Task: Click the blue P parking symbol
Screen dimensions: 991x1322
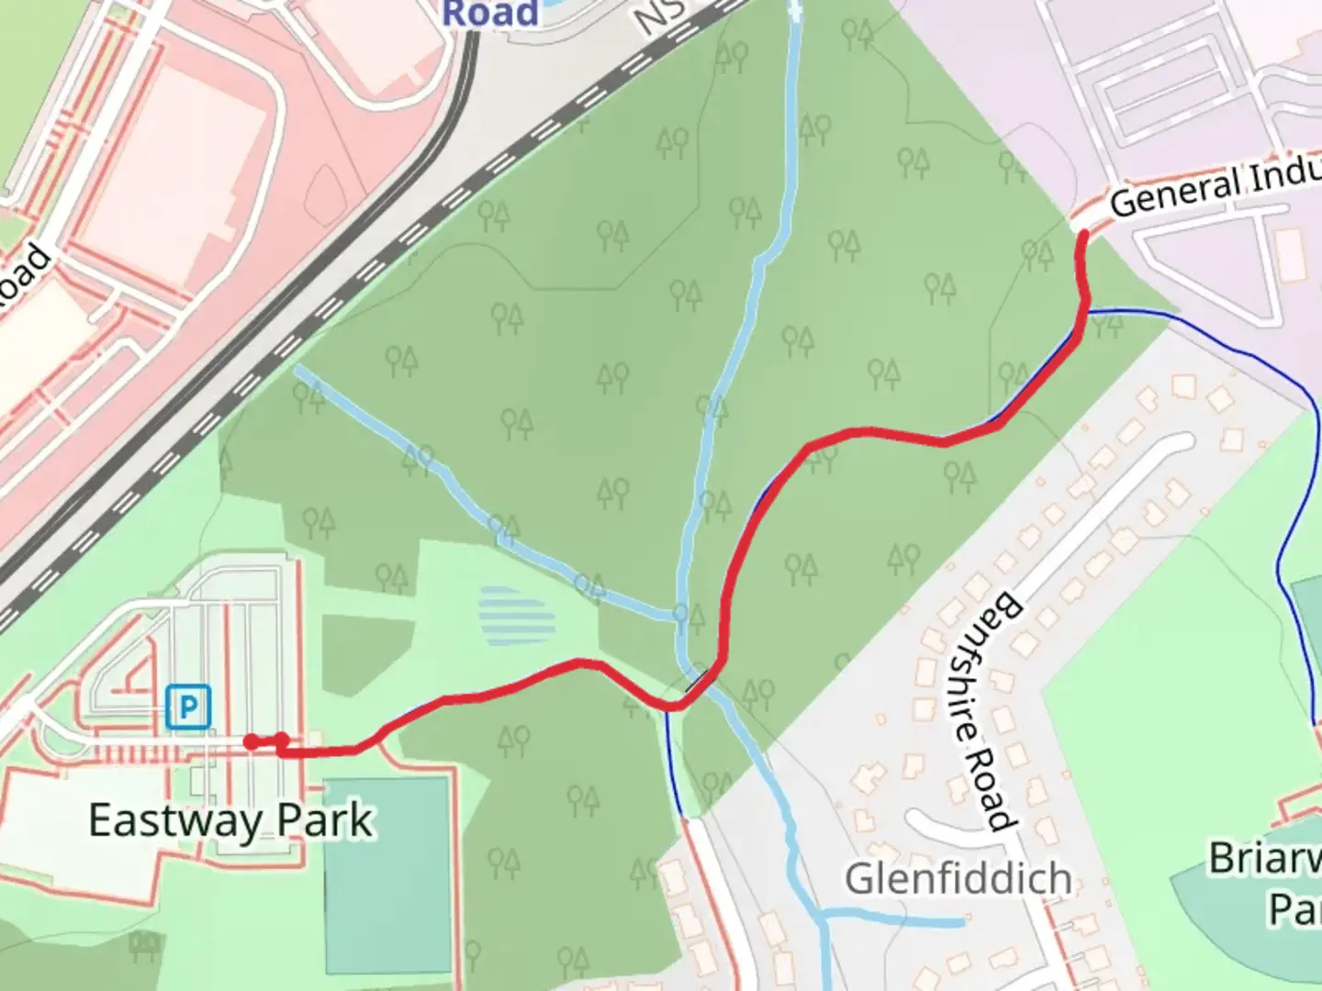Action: point(189,707)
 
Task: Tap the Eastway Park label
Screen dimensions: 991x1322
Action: point(230,819)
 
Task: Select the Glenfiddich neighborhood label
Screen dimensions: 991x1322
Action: point(958,878)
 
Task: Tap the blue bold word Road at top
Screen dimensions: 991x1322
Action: point(490,13)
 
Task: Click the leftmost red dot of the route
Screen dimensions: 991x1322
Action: point(251,741)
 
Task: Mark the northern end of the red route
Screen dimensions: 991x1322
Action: point(1083,236)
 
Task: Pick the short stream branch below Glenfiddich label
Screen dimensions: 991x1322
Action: point(895,917)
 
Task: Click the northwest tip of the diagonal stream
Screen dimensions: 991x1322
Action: point(298,370)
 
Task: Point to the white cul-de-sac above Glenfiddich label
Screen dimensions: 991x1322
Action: point(941,819)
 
